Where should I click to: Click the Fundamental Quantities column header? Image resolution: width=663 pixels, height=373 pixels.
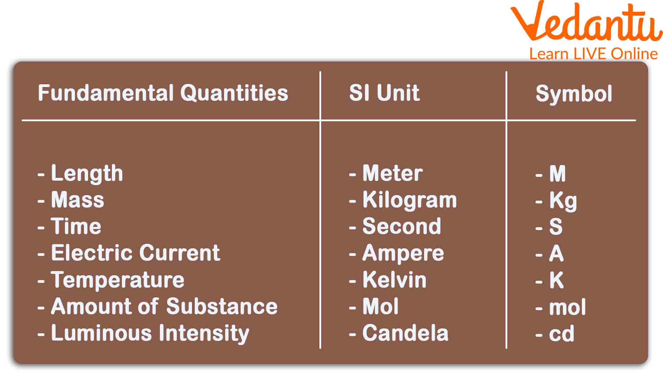[163, 93]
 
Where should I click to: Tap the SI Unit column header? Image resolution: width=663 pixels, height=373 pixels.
[384, 93]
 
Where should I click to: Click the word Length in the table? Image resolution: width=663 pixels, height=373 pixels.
[87, 174]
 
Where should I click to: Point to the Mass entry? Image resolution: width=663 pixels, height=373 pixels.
[78, 200]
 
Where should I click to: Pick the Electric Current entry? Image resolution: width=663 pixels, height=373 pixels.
[136, 253]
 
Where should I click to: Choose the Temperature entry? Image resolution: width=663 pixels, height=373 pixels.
[118, 280]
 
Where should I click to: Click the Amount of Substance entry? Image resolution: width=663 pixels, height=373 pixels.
[164, 306]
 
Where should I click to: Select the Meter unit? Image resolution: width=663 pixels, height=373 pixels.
[393, 173]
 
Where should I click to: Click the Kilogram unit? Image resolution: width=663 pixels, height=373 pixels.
[410, 201]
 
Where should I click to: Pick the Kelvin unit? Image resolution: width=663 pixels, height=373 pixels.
[395, 280]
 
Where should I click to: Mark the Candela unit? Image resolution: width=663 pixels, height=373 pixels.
[406, 333]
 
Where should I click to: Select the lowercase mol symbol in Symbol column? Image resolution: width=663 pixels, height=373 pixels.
[568, 307]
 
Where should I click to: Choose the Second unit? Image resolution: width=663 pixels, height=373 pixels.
[402, 227]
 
